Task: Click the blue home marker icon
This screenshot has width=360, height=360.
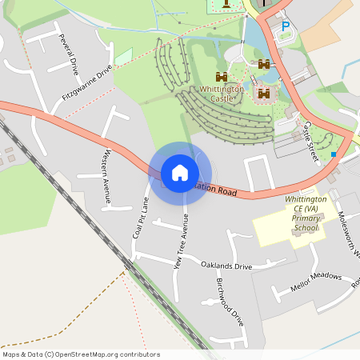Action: (x=180, y=173)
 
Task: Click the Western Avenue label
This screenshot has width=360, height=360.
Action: (x=106, y=178)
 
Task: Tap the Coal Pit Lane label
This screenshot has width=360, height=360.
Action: (x=140, y=217)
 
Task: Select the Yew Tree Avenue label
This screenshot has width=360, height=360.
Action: (x=181, y=241)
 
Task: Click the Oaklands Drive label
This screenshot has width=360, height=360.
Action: (x=226, y=265)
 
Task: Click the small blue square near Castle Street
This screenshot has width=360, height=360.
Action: (x=334, y=153)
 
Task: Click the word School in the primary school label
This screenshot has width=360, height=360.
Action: (x=306, y=227)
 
